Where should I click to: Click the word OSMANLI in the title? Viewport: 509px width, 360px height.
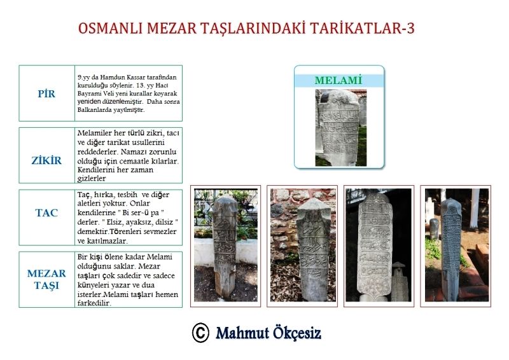click(110, 28)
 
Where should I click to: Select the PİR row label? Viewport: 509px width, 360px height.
click(46, 93)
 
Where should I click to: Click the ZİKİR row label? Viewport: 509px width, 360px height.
click(46, 160)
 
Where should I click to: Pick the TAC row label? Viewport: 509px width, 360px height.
click(46, 213)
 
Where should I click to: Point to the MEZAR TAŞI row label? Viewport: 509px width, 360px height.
click(46, 279)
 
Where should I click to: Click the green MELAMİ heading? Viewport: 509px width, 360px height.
click(338, 80)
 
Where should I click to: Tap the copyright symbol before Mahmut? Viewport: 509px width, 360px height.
click(200, 333)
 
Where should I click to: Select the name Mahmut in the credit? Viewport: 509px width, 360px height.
click(242, 333)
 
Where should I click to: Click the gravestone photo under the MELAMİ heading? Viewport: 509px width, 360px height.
click(341, 128)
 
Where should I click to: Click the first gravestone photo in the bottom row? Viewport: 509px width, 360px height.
click(226, 245)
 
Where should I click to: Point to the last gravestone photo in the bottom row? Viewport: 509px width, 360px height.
click(457, 245)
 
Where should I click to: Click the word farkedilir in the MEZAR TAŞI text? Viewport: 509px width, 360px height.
click(94, 303)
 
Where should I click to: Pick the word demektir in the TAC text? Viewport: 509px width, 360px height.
click(93, 232)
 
